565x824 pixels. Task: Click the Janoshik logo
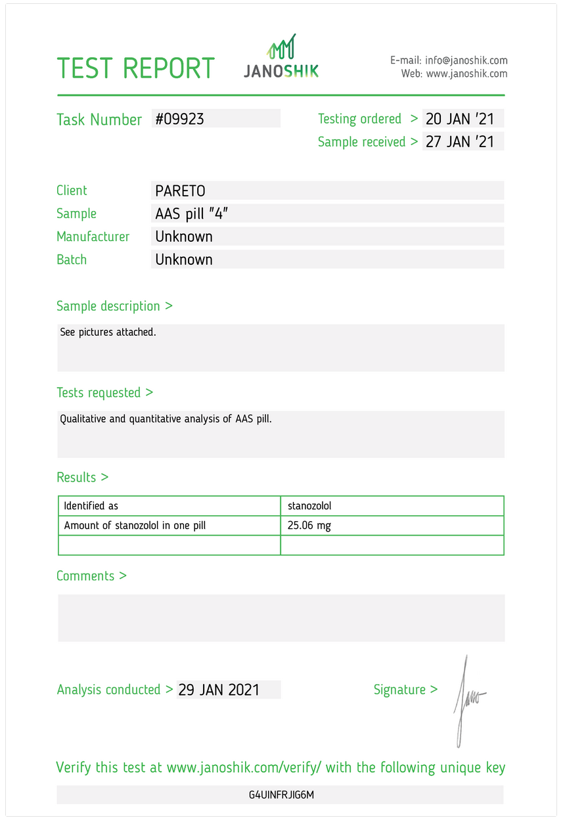click(x=281, y=58)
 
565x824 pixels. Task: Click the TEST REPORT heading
click(x=136, y=68)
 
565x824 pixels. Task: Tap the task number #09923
click(x=179, y=119)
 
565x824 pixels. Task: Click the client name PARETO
click(x=181, y=191)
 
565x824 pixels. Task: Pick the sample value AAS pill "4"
click(x=192, y=214)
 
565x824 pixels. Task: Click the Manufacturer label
click(x=93, y=237)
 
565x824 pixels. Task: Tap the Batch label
click(x=72, y=260)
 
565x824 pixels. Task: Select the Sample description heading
click(x=114, y=306)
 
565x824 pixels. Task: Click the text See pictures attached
click(x=108, y=332)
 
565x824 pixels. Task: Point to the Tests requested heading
click(x=104, y=393)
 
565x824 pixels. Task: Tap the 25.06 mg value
click(x=309, y=526)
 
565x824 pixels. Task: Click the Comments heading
click(x=91, y=576)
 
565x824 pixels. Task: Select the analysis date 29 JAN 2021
click(x=219, y=690)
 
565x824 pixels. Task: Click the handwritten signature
click(x=467, y=700)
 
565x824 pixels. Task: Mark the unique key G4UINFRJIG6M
click(x=281, y=795)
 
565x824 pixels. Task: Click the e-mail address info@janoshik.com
click(x=466, y=60)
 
